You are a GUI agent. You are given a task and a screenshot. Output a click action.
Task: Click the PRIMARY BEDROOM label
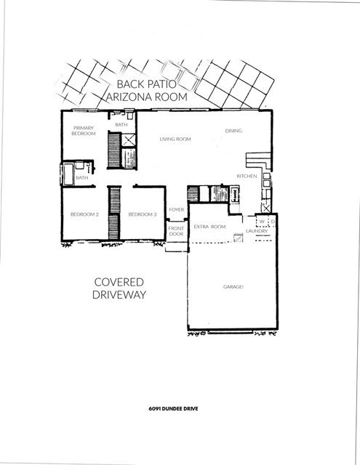coord(83,131)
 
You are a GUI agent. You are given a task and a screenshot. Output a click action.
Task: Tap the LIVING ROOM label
coord(175,139)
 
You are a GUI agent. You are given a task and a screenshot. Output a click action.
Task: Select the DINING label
coord(233,131)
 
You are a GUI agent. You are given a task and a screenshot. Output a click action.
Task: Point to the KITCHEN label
coord(247,177)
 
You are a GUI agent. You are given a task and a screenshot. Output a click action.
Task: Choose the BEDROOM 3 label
coord(143,214)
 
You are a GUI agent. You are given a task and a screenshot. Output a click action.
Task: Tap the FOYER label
coord(176,210)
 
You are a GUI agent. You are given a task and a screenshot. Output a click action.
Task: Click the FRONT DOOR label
coord(176,231)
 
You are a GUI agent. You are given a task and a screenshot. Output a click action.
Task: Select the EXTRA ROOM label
coord(209,227)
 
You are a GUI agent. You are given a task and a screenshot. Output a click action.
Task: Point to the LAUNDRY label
coord(257,231)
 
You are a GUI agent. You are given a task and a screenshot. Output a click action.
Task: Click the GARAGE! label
coord(233,287)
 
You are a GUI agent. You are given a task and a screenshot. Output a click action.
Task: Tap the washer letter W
coord(261,222)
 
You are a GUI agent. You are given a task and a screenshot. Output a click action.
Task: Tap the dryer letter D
coord(271,222)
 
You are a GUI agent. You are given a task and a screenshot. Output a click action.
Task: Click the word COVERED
coord(120,282)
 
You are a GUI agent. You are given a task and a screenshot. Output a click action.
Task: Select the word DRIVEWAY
coord(120,296)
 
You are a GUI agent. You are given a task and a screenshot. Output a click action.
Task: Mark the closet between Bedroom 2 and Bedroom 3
coord(113,211)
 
